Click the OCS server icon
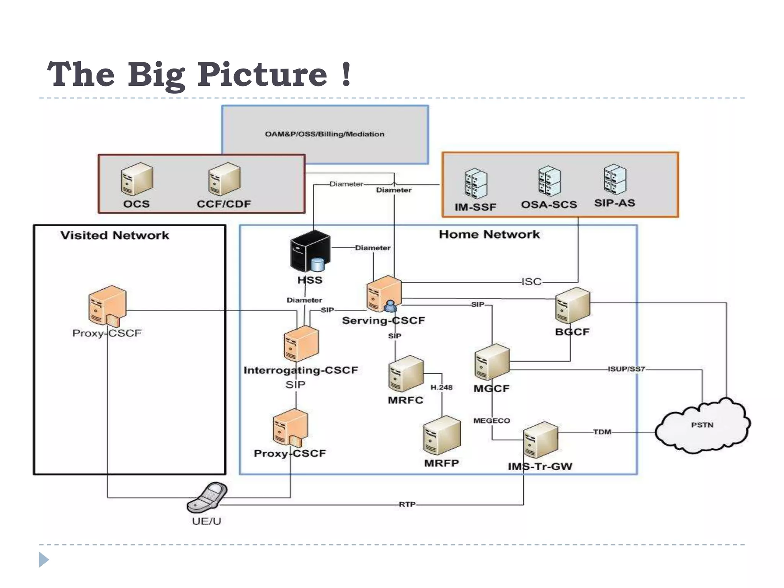point(137,179)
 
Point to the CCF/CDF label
point(224,204)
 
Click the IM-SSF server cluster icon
point(476,183)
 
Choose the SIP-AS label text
point(614,203)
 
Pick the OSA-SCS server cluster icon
point(549,181)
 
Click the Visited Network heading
point(114,235)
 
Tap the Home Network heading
point(489,234)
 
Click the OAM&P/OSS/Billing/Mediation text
point(324,134)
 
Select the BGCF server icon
point(572,305)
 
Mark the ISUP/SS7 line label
point(626,369)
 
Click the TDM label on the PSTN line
point(602,432)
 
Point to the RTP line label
point(407,504)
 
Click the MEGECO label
point(492,421)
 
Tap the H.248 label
point(441,387)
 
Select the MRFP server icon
point(442,435)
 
